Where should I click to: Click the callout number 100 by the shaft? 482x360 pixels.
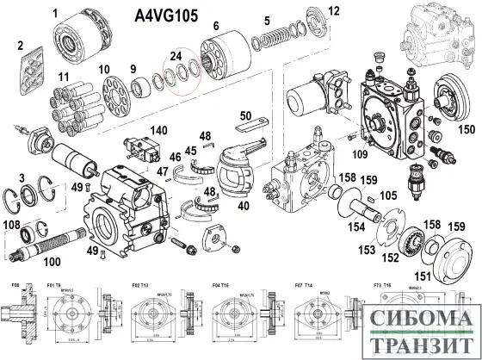click(x=52, y=260)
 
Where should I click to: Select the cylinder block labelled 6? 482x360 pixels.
click(x=226, y=53)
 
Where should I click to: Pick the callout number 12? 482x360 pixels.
click(x=333, y=10)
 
